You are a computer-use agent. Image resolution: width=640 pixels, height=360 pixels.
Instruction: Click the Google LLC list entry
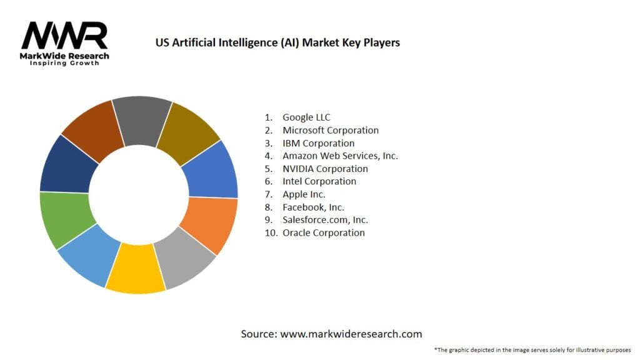[x=306, y=117]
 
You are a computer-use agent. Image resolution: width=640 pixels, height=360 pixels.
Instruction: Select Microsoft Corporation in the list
[x=330, y=130]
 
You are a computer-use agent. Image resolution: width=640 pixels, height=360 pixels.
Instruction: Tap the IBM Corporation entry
[x=318, y=143]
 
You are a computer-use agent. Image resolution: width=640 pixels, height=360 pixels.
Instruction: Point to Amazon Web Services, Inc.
[x=340, y=156]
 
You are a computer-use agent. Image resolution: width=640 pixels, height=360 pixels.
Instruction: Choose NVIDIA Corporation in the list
[x=325, y=169]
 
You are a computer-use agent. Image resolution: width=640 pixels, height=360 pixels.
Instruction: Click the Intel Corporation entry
[x=319, y=181]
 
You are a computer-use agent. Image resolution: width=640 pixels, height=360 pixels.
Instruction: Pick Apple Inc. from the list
[x=304, y=194]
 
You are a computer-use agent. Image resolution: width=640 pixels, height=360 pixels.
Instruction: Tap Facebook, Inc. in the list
[x=313, y=207]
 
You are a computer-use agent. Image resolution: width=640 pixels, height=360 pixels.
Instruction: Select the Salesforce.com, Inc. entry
[x=325, y=220]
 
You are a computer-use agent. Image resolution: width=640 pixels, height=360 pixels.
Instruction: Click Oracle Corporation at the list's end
[x=323, y=232]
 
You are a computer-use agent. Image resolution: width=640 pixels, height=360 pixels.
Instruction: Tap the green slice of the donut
[x=66, y=218]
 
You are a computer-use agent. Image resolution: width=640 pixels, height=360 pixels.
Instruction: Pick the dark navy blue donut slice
[x=67, y=164]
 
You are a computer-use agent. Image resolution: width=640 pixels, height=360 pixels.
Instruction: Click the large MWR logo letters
[x=65, y=36]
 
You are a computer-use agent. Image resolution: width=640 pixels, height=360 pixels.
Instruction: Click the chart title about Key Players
[x=277, y=42]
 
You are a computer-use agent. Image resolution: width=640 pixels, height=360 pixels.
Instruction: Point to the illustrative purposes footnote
[x=532, y=349]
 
